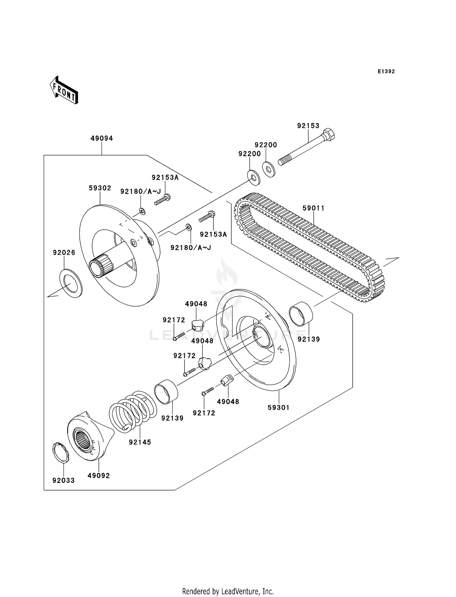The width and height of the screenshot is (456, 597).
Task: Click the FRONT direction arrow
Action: [x=64, y=91]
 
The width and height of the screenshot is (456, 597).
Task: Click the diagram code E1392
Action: [x=386, y=72]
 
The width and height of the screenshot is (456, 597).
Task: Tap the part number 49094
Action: [x=102, y=138]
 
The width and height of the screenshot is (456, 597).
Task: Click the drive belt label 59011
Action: [x=313, y=208]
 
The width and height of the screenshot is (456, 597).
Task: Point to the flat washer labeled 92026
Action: [x=71, y=283]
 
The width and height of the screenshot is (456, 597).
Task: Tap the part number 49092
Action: [x=98, y=475]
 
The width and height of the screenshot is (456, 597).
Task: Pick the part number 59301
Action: [x=278, y=407]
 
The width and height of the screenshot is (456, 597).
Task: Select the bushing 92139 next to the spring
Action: [x=166, y=392]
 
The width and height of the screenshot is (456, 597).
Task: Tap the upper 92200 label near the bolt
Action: [x=266, y=145]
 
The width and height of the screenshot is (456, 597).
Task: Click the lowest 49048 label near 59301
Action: [x=228, y=402]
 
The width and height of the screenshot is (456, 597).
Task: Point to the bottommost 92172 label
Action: [x=204, y=413]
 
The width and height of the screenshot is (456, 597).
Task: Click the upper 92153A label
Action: [x=165, y=177]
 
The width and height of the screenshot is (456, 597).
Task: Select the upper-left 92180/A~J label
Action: [x=140, y=191]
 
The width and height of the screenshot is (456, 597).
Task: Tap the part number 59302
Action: [x=100, y=188]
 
